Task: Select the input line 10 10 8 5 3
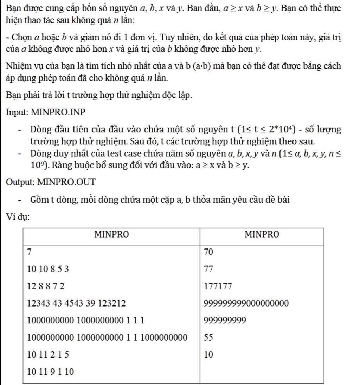pos(48,269)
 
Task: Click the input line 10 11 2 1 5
pos(48,354)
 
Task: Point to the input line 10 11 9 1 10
pos(51,371)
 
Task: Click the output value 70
pos(209,252)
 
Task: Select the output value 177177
pos(218,286)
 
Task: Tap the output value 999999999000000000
pos(246,303)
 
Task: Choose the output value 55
pos(208,337)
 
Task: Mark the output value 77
pos(209,269)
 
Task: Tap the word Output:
pos(20,182)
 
